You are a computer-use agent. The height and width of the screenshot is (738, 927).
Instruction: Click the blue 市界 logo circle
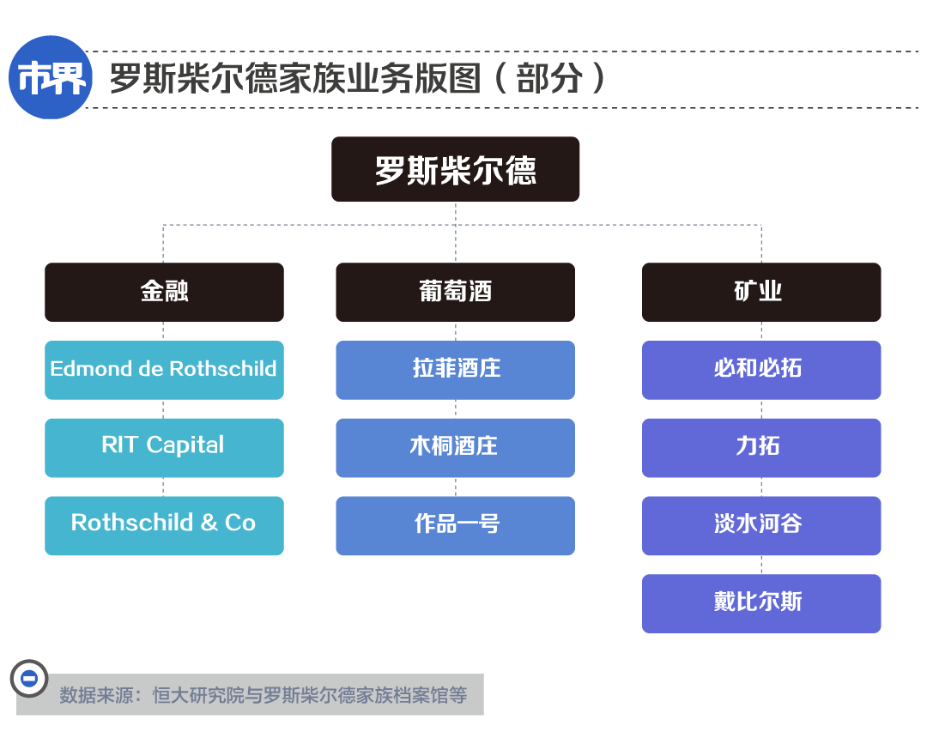coord(51,77)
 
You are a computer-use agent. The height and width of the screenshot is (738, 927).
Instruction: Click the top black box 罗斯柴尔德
coord(455,170)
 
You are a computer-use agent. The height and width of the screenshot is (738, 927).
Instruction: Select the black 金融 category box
coord(164,293)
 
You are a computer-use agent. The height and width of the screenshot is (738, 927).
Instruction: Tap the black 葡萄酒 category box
coord(455,293)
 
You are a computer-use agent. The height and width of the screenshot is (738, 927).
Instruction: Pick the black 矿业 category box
coord(761,293)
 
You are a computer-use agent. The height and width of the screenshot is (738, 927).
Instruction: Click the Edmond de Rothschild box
coord(164,371)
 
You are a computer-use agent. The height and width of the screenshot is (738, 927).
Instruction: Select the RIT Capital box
coord(164,448)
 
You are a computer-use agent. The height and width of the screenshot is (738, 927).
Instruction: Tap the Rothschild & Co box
coord(164,526)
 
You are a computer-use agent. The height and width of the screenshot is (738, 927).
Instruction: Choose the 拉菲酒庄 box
coord(455,371)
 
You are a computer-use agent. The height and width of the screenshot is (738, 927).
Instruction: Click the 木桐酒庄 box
coord(455,448)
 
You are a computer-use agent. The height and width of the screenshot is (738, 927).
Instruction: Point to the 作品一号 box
coord(455,526)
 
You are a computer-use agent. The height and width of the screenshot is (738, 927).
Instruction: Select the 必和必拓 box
coord(761,371)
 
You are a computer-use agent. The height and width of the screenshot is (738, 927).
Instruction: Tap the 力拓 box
coord(761,448)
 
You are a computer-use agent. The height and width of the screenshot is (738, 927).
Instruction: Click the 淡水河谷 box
coord(761,526)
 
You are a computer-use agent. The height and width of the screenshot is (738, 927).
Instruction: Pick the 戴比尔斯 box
coord(761,604)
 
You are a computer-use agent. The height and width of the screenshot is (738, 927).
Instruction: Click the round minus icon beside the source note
coord(29,678)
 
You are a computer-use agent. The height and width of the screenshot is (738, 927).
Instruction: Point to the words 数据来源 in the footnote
coord(96,695)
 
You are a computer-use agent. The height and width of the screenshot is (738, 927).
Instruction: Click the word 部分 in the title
coord(549,78)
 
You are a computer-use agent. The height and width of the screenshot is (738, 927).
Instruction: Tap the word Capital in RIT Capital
coord(185,445)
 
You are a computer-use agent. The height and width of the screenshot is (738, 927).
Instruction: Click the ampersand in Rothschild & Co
coord(209,523)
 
